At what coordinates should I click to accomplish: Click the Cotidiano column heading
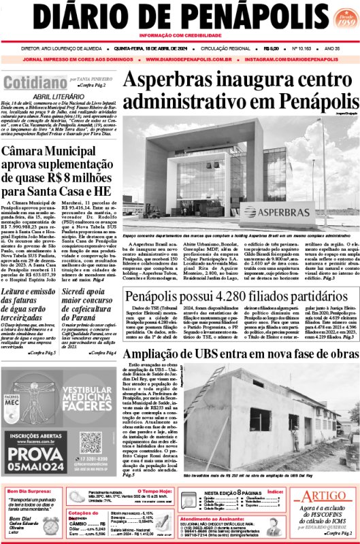point(33,83)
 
